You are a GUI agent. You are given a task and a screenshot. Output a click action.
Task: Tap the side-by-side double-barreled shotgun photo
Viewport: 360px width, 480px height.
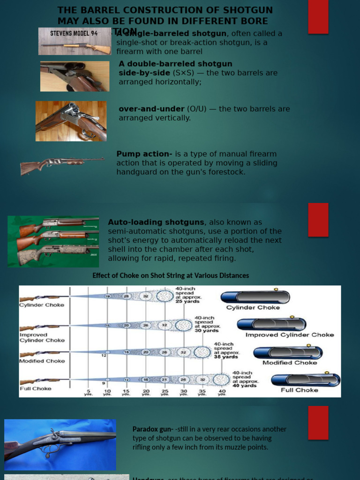[75, 76]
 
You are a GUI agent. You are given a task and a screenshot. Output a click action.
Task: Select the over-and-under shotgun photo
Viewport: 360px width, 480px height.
[71, 121]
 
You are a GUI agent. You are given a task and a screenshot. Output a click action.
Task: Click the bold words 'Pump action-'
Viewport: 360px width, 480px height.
[144, 154]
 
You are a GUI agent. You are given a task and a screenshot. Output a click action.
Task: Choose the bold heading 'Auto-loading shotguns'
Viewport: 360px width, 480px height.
[156, 222]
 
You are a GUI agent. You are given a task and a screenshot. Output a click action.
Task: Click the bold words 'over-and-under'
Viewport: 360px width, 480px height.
[151, 109]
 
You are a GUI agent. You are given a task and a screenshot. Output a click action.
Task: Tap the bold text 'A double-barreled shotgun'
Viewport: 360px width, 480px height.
[175, 64]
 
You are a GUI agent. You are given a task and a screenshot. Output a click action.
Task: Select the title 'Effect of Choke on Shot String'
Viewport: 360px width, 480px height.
[171, 276]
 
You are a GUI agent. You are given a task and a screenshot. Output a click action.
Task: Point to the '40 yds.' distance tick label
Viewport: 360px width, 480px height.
[222, 392]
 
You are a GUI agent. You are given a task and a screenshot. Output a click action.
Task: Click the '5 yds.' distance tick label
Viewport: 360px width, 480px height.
[89, 392]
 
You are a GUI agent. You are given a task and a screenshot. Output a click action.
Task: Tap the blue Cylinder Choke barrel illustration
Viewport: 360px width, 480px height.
[255, 297]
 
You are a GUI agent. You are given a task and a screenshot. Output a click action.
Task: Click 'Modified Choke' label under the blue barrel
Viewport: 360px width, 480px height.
[290, 362]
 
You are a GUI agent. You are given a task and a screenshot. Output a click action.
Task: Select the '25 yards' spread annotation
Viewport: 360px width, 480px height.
[188, 302]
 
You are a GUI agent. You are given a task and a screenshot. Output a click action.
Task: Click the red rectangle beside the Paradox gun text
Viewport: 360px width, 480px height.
[318, 422]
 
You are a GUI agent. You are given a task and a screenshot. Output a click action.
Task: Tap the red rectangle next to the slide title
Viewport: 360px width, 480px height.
[318, 17]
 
